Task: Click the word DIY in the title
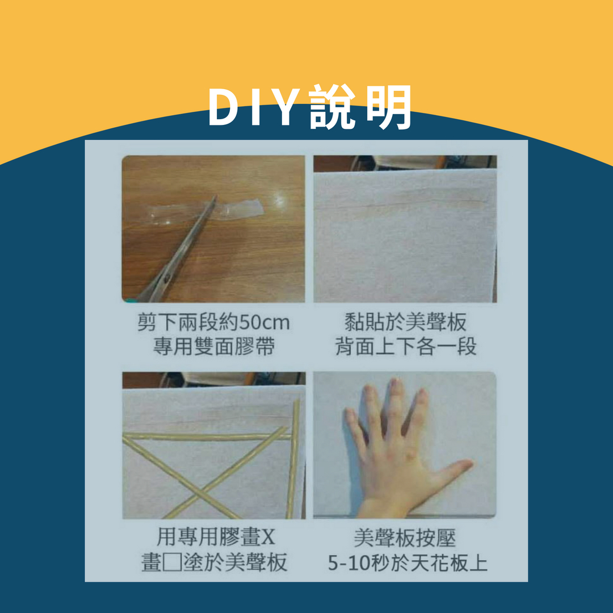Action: tap(253, 107)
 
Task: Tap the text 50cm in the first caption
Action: tap(264, 323)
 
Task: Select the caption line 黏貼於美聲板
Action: tap(405, 323)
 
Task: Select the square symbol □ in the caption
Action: tap(171, 562)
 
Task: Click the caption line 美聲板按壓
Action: tap(405, 537)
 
